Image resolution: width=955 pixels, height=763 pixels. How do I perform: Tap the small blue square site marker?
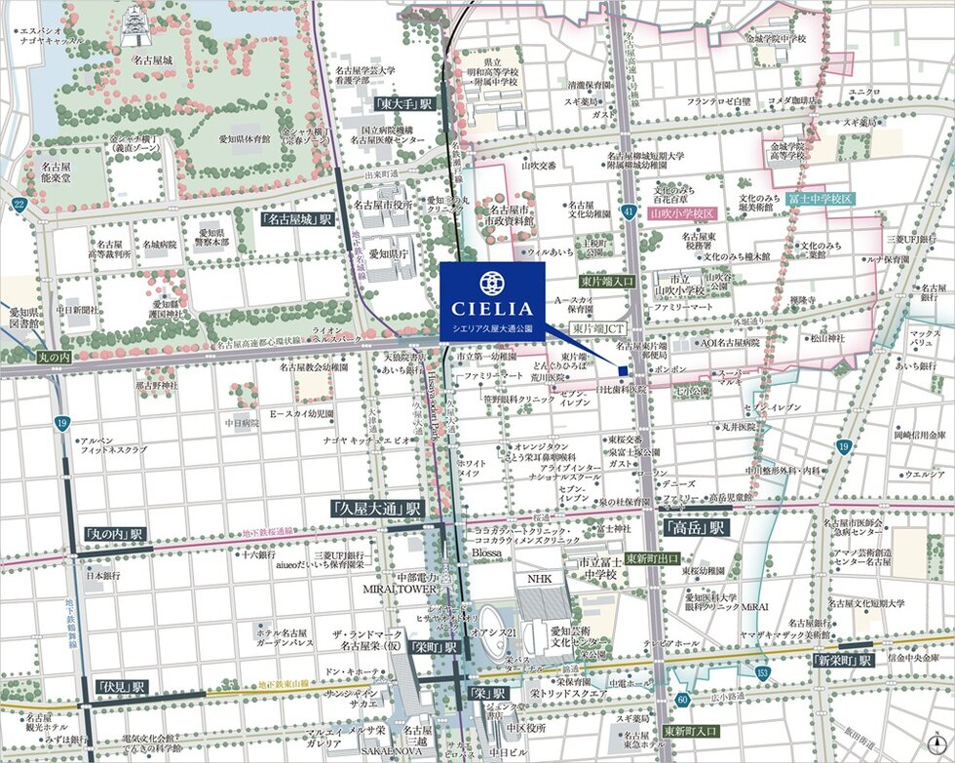pyautogui.click(x=623, y=369)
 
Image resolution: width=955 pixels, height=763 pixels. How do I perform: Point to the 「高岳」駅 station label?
pyautogui.click(x=696, y=528)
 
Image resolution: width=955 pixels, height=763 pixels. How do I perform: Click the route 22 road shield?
pyautogui.click(x=19, y=204)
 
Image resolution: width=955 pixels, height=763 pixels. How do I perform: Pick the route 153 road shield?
pyautogui.click(x=762, y=672)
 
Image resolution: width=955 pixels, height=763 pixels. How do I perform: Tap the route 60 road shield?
pyautogui.click(x=682, y=699)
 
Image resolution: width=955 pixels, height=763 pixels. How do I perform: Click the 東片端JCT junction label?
pyautogui.click(x=598, y=329)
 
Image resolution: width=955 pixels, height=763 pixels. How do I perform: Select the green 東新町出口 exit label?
pyautogui.click(x=653, y=558)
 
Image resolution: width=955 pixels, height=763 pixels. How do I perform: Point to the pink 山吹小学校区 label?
pyautogui.click(x=682, y=212)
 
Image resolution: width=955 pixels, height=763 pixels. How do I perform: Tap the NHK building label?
pyautogui.click(x=540, y=579)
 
